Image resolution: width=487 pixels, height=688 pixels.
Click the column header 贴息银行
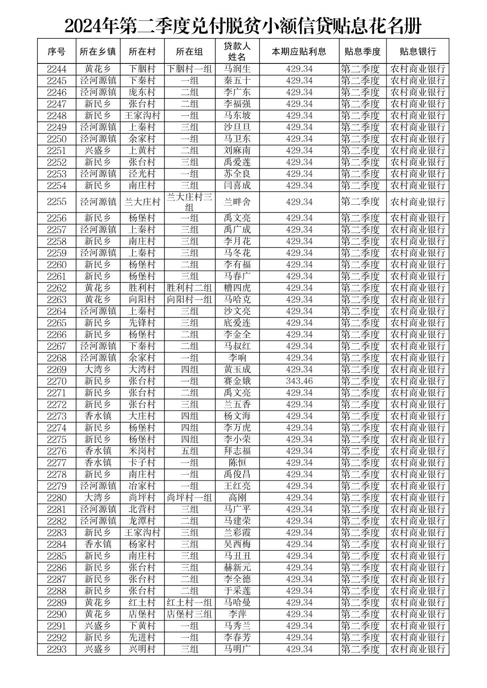(x=417, y=51)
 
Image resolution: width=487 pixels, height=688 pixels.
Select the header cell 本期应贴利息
(x=299, y=51)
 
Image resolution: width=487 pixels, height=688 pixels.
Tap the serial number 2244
(x=57, y=69)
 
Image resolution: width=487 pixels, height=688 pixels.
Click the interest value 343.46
(x=299, y=381)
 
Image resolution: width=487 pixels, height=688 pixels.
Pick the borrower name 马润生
(x=237, y=69)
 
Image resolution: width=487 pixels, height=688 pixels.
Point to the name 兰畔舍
(x=237, y=202)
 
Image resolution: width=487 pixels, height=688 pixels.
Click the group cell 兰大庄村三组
(x=190, y=202)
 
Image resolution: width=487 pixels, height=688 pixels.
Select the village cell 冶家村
(x=142, y=486)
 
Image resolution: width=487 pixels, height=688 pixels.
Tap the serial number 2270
(x=57, y=381)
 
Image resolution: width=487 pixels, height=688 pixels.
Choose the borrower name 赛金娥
(x=237, y=381)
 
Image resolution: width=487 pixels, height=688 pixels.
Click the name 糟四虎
(x=237, y=288)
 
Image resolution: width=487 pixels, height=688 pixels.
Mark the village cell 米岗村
(x=142, y=451)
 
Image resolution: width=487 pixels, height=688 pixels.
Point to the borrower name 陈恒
(x=237, y=463)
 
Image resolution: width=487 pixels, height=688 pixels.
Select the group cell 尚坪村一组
(x=190, y=498)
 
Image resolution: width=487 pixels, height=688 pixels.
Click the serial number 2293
(x=57, y=649)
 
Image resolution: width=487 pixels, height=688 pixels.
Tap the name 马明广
(x=237, y=649)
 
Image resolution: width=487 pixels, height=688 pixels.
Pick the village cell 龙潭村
(x=142, y=521)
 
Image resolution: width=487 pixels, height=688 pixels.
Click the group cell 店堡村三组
(x=190, y=614)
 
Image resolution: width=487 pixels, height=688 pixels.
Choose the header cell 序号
(x=57, y=51)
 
